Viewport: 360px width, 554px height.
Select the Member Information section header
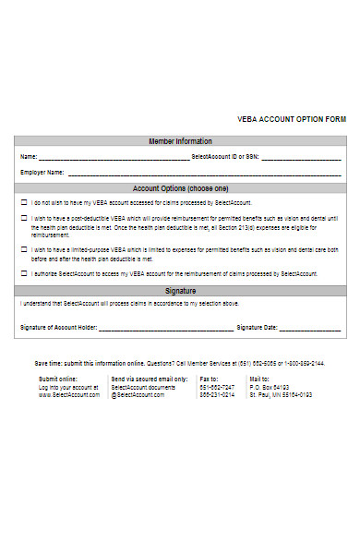180,141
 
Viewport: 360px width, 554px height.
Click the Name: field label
29,157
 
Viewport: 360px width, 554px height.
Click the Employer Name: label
42,172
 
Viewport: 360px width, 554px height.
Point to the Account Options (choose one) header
180,187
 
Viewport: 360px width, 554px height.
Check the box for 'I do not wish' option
24,202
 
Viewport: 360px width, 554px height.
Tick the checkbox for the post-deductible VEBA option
24,219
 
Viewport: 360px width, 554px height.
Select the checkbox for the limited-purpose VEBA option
24,249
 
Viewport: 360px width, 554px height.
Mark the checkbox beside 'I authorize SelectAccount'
24,274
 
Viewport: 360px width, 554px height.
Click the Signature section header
180,290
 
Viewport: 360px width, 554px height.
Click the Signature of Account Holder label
58,327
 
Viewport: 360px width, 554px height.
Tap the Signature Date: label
258,327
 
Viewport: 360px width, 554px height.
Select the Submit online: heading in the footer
58,379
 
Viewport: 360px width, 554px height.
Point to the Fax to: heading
210,379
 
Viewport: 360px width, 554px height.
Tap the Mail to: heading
259,379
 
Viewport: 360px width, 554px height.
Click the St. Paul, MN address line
281,394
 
